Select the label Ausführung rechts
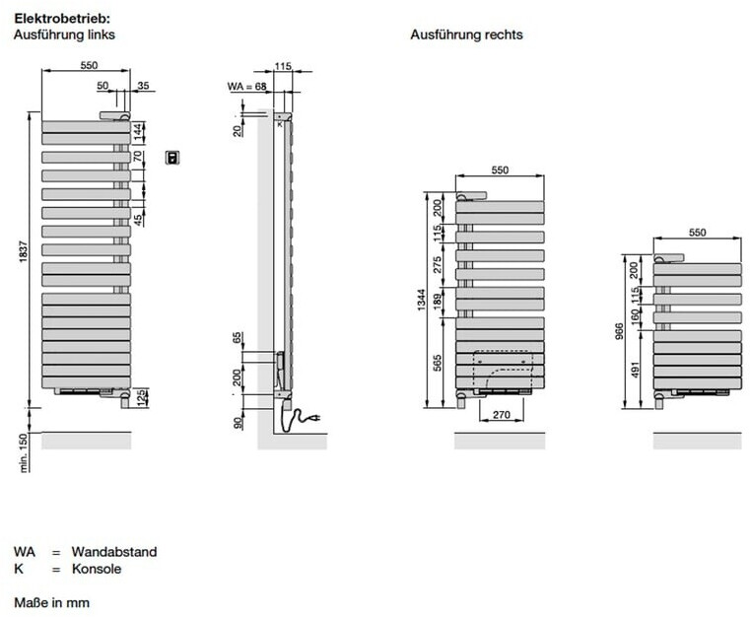pyautogui.click(x=466, y=34)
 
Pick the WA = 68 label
pyautogui.click(x=247, y=88)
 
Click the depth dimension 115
pyautogui.click(x=283, y=66)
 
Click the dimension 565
pyautogui.click(x=437, y=362)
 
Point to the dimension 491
pyautogui.click(x=635, y=371)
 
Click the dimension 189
pyautogui.click(x=437, y=300)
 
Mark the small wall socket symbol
pyautogui.click(x=172, y=156)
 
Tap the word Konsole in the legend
pyautogui.click(x=96, y=570)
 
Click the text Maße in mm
pyautogui.click(x=51, y=600)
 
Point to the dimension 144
pyautogui.click(x=140, y=130)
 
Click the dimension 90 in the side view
pyautogui.click(x=238, y=421)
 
